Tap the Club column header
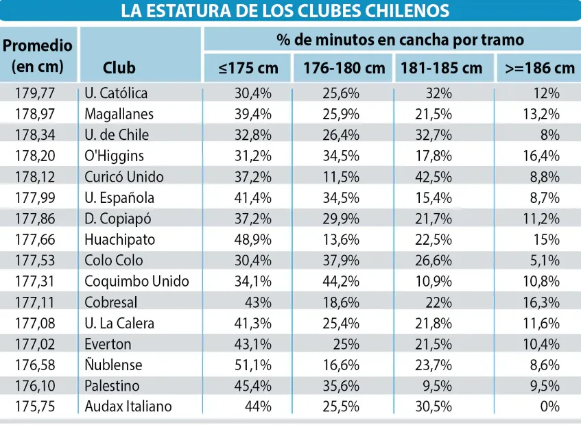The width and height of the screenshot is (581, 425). click(119, 68)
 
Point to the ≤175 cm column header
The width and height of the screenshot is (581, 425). click(248, 68)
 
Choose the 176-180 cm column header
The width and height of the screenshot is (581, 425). click(340, 68)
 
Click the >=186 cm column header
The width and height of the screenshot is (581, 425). click(539, 68)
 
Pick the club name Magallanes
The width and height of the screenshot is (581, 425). click(119, 114)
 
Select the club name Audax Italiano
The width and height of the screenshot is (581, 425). click(128, 406)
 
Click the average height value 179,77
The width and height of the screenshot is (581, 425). click(40, 93)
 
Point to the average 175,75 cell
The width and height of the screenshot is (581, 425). click(40, 406)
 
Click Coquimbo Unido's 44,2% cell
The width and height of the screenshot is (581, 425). click(341, 281)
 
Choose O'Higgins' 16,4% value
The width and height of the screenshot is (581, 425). click(541, 156)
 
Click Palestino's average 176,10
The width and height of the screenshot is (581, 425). click(40, 385)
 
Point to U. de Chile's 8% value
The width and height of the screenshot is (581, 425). click(550, 135)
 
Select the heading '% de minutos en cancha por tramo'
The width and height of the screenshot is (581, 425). click(390, 40)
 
